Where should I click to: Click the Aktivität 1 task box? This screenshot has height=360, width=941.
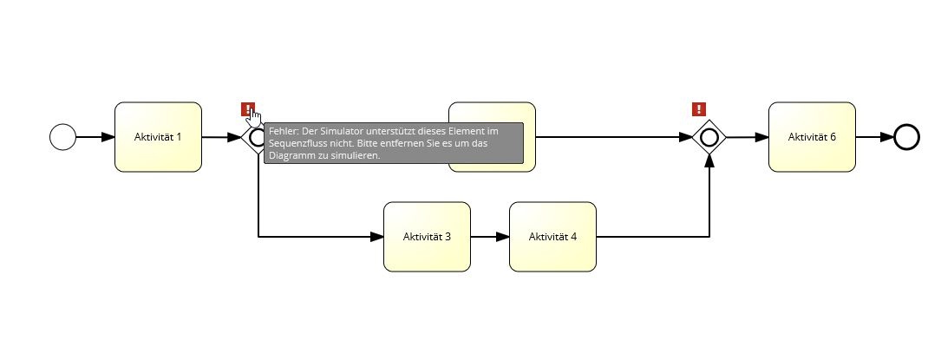click(x=158, y=137)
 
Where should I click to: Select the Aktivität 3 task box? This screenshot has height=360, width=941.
click(x=427, y=237)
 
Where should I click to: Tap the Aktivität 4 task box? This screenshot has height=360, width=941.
click(x=552, y=237)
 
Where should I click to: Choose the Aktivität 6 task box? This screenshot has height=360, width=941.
click(x=812, y=137)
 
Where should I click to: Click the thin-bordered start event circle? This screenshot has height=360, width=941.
click(x=62, y=137)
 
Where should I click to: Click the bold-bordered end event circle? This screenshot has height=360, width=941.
click(x=906, y=137)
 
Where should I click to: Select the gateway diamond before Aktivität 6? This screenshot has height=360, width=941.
click(x=709, y=137)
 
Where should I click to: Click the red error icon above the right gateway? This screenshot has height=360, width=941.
click(x=698, y=109)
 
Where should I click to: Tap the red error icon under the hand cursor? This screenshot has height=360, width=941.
click(x=247, y=109)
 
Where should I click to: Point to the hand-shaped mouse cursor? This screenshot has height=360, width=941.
click(x=254, y=115)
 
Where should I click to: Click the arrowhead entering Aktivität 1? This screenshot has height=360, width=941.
click(x=108, y=137)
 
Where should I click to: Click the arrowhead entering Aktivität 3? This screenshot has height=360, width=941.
click(x=377, y=237)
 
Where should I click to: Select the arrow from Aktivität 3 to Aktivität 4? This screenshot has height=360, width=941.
click(x=490, y=237)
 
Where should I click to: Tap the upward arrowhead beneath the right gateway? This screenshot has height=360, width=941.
click(x=709, y=161)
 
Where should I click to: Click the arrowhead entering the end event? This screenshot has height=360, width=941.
click(x=887, y=137)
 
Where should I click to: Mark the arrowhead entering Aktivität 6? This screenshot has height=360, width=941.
click(x=762, y=137)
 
